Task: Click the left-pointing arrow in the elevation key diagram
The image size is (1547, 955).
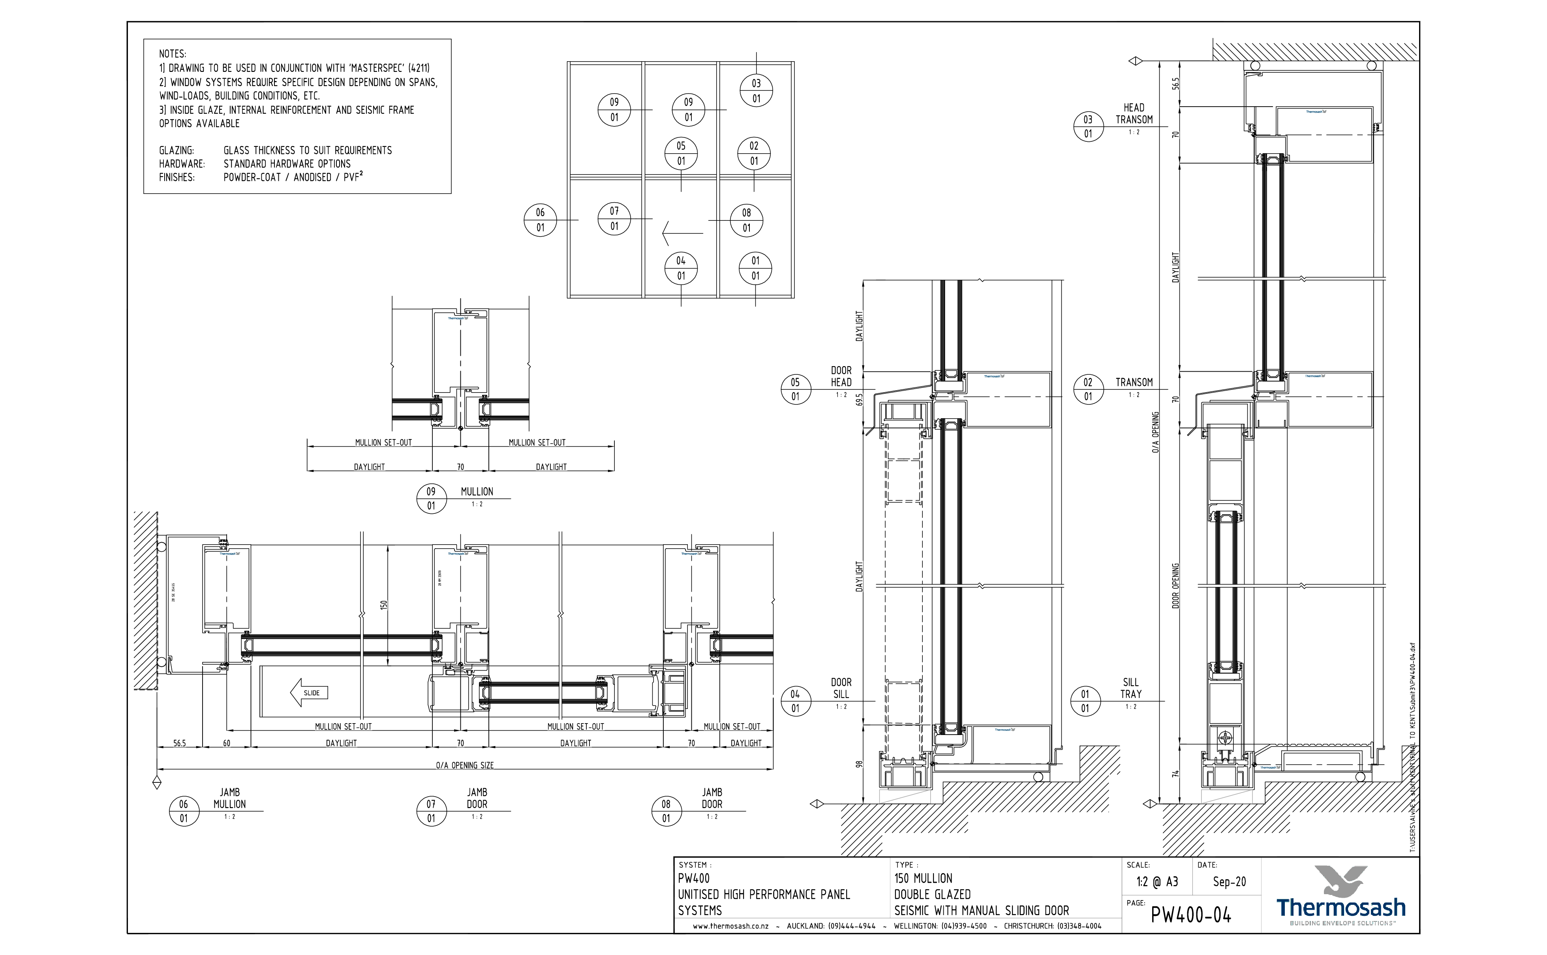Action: point(682,233)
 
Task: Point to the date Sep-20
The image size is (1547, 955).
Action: point(1229,882)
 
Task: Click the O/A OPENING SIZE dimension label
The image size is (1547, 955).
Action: point(465,765)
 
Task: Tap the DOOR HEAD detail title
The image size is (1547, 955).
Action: point(841,376)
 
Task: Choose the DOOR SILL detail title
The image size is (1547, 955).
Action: point(841,688)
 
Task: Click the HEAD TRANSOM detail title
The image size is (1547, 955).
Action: point(1134,114)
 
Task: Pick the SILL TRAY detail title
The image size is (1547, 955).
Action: point(1130,688)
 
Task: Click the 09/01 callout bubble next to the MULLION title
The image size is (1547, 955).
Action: point(431,499)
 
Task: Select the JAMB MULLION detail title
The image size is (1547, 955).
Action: point(229,798)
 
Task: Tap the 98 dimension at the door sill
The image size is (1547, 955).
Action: point(859,764)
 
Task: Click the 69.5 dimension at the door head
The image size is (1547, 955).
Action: point(859,400)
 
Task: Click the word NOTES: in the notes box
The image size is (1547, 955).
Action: point(173,55)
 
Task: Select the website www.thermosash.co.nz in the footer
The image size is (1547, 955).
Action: point(730,926)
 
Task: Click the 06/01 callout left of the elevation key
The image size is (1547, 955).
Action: point(540,220)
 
